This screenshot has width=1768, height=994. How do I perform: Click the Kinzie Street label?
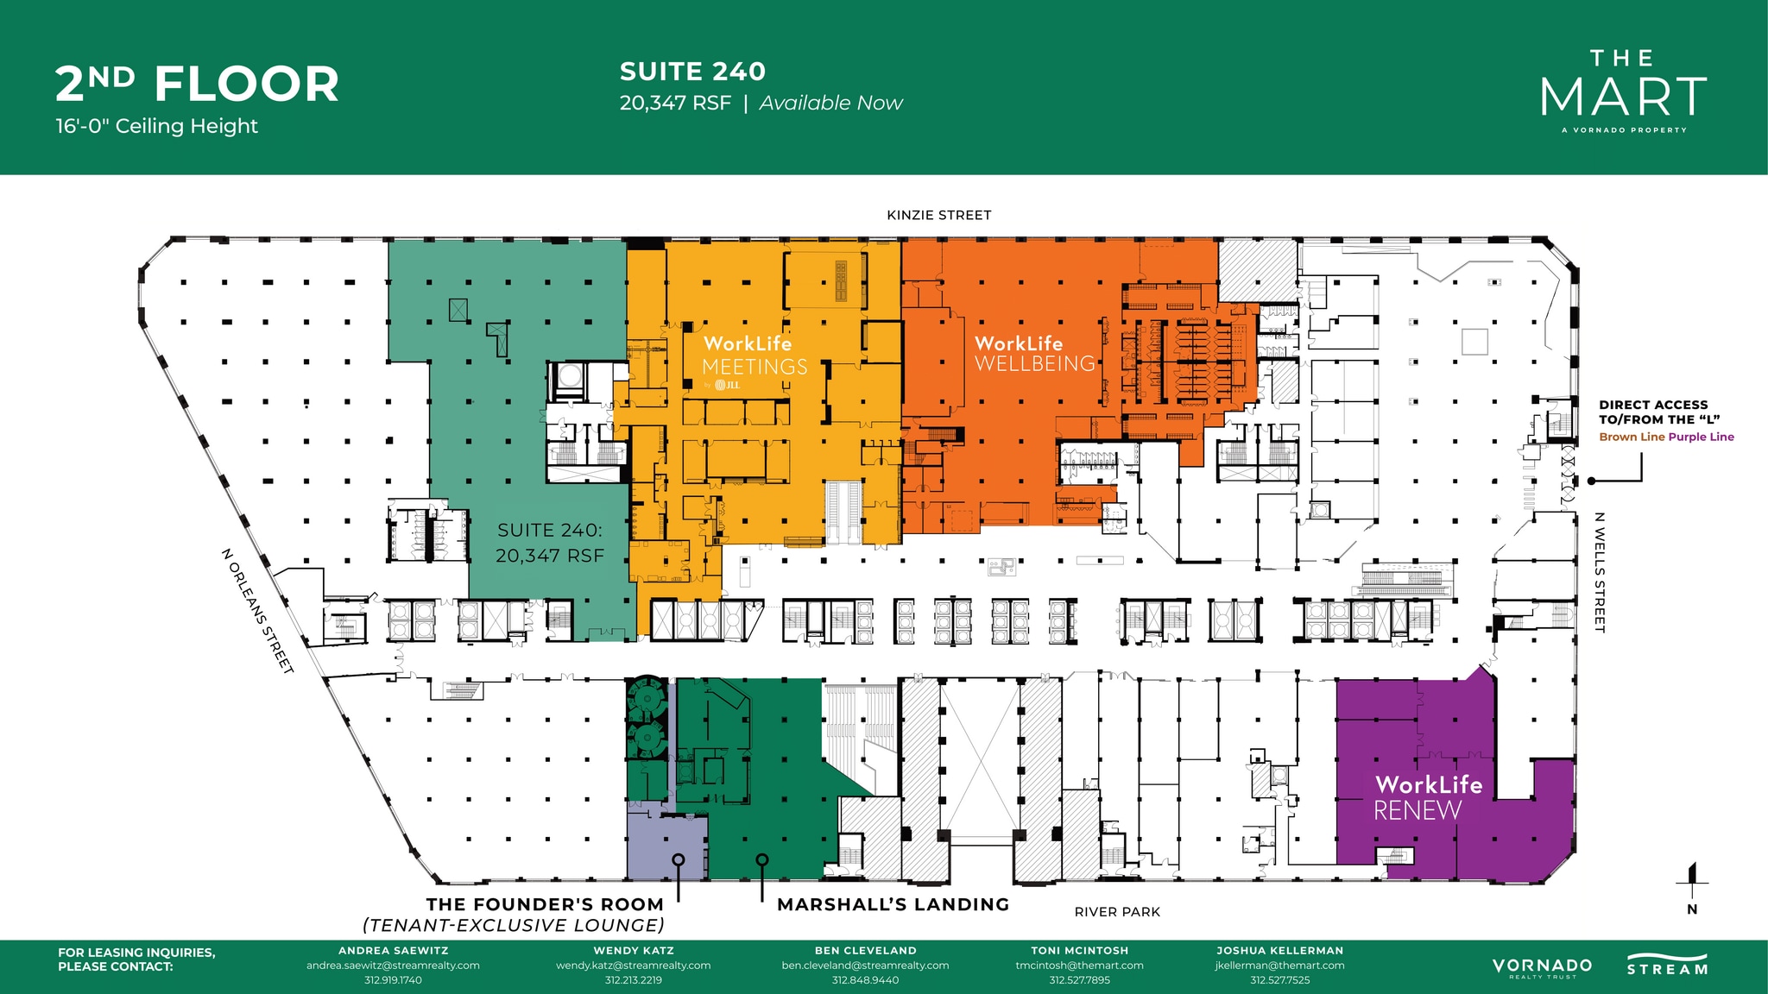pos(938,215)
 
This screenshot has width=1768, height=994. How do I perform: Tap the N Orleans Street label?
pos(258,611)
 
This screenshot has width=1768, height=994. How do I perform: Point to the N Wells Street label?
pos(1599,572)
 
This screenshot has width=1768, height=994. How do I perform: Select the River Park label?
pos(1117,912)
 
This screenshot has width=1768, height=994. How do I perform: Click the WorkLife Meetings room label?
pos(755,356)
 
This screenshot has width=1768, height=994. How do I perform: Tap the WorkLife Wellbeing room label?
pos(1034,354)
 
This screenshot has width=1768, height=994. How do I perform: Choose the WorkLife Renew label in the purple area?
pos(1427,797)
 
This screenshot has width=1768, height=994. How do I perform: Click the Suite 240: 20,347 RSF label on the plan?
pos(550,543)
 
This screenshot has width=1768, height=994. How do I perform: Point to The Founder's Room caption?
pos(545,904)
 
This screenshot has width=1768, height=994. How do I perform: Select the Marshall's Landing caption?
pos(893,904)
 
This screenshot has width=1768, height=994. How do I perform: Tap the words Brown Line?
pos(1632,437)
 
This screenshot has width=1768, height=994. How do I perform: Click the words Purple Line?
pos(1702,437)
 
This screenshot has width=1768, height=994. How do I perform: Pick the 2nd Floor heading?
pos(197,85)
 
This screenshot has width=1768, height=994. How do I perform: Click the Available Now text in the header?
pos(830,104)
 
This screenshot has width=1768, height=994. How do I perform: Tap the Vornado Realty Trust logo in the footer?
pos(1542,967)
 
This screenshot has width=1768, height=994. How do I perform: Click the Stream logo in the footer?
pos(1667,965)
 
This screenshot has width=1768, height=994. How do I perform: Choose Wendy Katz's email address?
pos(633,966)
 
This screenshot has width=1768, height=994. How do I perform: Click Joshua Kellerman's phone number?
pos(1279,980)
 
